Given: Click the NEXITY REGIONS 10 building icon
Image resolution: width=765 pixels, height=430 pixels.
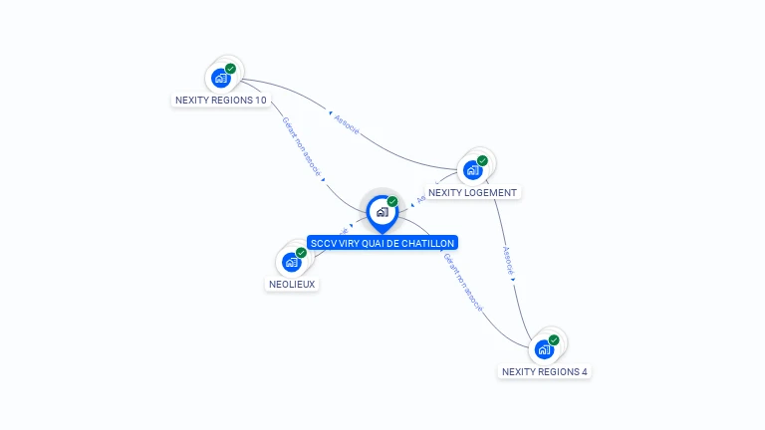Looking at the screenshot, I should click(220, 78).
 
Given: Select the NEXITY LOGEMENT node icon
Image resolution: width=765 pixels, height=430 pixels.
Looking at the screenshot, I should click(472, 169).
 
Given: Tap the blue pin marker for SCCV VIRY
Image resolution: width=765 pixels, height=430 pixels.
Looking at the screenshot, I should click(382, 212).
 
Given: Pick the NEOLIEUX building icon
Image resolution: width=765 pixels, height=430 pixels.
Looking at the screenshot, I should click(291, 262).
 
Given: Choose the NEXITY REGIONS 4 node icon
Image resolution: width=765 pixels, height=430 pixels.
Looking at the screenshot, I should click(544, 349).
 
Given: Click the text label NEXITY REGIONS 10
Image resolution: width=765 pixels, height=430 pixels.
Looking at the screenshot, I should click(220, 101).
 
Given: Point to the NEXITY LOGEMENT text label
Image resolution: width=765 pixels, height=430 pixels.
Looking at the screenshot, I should click(472, 192).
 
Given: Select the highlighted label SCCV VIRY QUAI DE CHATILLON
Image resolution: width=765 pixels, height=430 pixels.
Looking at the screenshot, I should click(382, 243).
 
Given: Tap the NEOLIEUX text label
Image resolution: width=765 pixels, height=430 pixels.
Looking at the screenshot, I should click(292, 284).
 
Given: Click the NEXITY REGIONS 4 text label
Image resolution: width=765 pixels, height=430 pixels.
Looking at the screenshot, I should click(544, 371).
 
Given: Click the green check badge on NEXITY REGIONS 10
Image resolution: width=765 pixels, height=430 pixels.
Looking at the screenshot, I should click(231, 69).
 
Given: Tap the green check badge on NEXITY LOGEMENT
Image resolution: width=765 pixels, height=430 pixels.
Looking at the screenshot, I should click(483, 160).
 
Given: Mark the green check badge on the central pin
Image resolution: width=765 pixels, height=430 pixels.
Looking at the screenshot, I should click(392, 202).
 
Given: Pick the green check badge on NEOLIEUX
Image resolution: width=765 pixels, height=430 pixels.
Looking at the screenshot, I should click(301, 253).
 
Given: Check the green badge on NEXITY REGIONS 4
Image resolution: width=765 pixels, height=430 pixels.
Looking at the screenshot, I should click(554, 340).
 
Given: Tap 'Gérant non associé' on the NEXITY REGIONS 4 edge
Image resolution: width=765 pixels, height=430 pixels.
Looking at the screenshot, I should click(462, 282).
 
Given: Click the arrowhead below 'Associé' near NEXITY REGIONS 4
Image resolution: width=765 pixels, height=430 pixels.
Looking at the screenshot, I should click(513, 280).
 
